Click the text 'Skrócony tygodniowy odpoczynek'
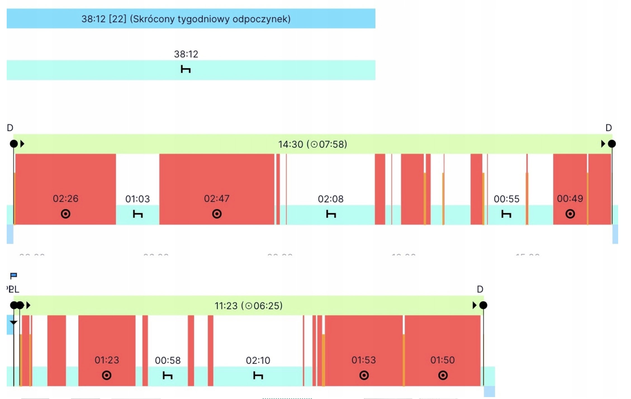(x=210, y=19)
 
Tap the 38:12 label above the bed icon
(x=186, y=54)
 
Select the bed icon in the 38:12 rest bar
(x=186, y=69)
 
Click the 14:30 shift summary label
(x=312, y=144)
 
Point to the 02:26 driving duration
(x=66, y=199)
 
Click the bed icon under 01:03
(x=138, y=214)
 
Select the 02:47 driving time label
(x=217, y=199)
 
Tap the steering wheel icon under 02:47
(x=217, y=214)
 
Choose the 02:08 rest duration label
(x=331, y=199)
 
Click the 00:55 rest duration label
(x=506, y=199)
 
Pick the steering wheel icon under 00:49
(x=570, y=214)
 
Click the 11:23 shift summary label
(x=248, y=306)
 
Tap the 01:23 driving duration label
(x=107, y=360)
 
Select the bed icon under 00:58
(x=168, y=376)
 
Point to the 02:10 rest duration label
(x=258, y=360)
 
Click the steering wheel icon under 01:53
(x=364, y=375)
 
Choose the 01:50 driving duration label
(x=442, y=360)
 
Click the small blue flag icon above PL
(x=13, y=276)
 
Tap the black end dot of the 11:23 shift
(x=483, y=305)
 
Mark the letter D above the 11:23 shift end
(x=480, y=289)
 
